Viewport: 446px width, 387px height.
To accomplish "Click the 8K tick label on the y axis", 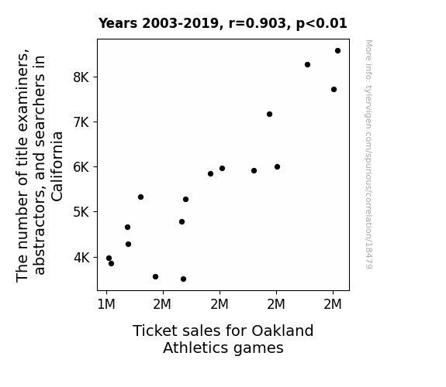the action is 81,77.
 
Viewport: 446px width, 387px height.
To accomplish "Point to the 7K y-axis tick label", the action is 81,122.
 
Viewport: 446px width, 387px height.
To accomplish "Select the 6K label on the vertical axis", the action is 81,167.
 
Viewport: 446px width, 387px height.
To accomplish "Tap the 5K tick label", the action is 81,212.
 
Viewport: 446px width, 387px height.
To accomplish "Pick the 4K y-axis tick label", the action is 81,257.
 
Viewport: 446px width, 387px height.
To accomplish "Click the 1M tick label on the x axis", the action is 106,304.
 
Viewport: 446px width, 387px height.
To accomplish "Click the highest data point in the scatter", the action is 337,51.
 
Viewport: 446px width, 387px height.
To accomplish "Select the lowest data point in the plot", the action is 184,279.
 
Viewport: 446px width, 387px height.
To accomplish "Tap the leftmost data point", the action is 109,258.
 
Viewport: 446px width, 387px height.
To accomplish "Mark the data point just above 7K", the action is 269,114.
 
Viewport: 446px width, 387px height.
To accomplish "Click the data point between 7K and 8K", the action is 334,90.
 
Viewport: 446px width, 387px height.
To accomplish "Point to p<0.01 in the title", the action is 322,24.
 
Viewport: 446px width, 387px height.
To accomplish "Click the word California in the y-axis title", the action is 57,166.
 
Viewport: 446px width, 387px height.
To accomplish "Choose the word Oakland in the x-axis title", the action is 282,330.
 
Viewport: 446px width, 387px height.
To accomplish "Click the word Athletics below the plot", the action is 193,348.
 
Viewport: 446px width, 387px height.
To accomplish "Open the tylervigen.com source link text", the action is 368,155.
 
